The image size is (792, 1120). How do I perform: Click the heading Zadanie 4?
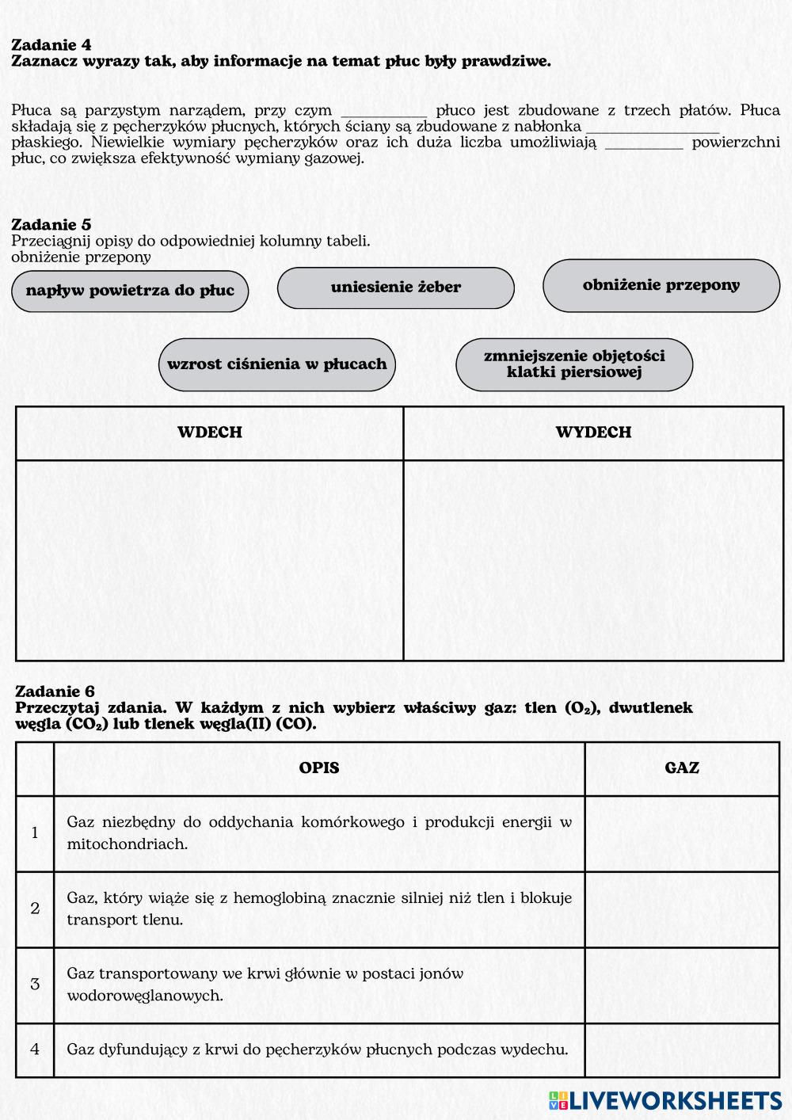(x=51, y=45)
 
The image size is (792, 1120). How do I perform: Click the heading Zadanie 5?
(x=51, y=225)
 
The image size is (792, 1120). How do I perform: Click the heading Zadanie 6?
(x=55, y=691)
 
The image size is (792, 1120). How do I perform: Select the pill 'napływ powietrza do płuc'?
(x=130, y=291)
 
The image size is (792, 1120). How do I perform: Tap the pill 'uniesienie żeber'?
(x=395, y=288)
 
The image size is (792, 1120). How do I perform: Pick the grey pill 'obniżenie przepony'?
(x=661, y=285)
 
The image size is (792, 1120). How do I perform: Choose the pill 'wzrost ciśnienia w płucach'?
(x=276, y=364)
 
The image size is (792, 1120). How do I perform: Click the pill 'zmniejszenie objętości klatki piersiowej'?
(x=573, y=364)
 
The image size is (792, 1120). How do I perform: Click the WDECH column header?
(x=209, y=432)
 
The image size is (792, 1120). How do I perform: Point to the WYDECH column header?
(x=592, y=432)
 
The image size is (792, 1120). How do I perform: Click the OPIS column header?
(x=319, y=768)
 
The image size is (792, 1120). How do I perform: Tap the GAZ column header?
(x=682, y=768)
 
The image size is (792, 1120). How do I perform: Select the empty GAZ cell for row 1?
(x=682, y=833)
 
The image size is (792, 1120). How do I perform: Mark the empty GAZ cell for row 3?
(x=682, y=985)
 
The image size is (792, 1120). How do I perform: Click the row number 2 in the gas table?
(x=35, y=909)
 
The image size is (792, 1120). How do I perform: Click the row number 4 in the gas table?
(x=35, y=1050)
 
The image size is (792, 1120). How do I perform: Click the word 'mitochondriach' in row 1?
(x=127, y=844)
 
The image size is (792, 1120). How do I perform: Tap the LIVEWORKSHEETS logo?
(x=664, y=1100)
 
